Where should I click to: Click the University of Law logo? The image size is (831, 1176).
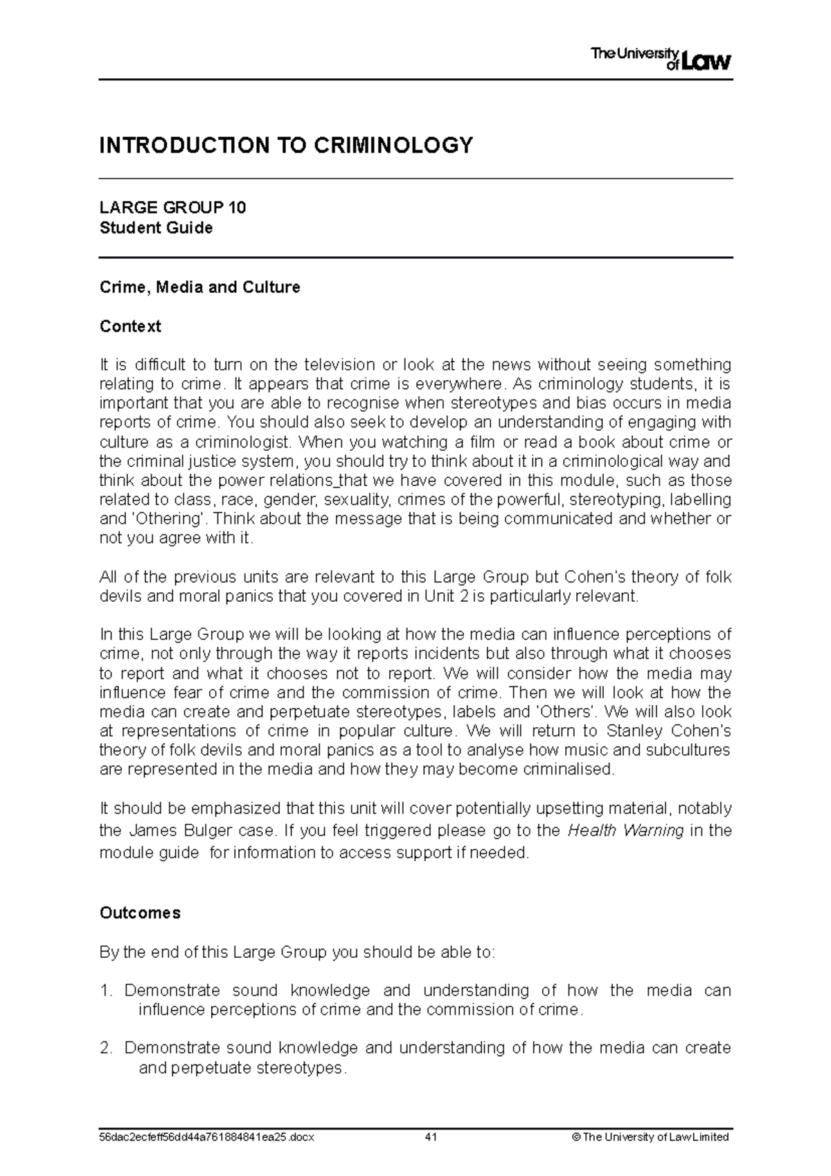661,59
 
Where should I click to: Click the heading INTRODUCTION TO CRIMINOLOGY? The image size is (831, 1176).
286,145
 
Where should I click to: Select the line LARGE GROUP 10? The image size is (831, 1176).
172,208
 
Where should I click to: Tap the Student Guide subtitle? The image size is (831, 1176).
156,228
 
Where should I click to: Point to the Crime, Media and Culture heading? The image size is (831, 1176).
199,287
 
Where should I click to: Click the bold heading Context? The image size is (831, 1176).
130,326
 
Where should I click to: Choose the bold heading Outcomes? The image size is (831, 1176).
140,913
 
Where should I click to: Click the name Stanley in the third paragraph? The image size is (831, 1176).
634,731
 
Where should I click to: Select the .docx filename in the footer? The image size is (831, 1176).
206,1137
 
